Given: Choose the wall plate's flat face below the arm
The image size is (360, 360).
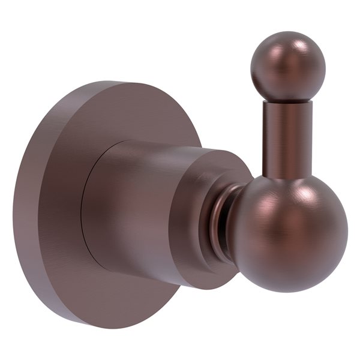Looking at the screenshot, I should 120,294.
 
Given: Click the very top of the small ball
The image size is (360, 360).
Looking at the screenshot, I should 288,32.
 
